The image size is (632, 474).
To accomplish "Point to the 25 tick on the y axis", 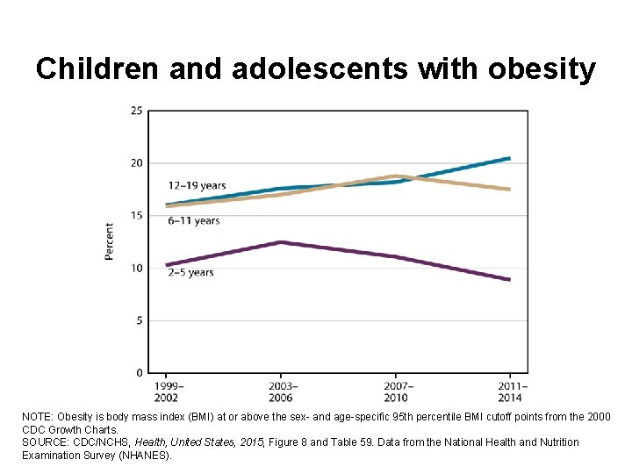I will coord(137,111).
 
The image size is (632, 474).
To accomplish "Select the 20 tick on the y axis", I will coord(137,163).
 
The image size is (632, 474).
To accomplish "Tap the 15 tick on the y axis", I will coord(137,216).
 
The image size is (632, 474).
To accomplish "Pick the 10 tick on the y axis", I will coord(137,268).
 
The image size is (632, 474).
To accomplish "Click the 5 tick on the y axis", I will coord(140,320).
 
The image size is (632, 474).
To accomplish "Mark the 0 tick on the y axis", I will coord(140,373).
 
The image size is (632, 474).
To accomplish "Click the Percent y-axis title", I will coord(110,241).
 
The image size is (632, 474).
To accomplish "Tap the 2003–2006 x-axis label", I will coord(281,391).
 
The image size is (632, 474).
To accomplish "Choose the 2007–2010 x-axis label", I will coord(396,391).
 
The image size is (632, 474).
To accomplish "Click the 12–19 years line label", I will coord(197,185).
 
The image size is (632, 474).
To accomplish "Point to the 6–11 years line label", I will coord(194,220).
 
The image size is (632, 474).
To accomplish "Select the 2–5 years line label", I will coord(190,273).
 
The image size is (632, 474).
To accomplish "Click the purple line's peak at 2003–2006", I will coord(281,242).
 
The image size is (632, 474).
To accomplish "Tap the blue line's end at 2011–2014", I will coord(509,159).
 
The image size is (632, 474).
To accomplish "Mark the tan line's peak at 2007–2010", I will coord(396,176).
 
